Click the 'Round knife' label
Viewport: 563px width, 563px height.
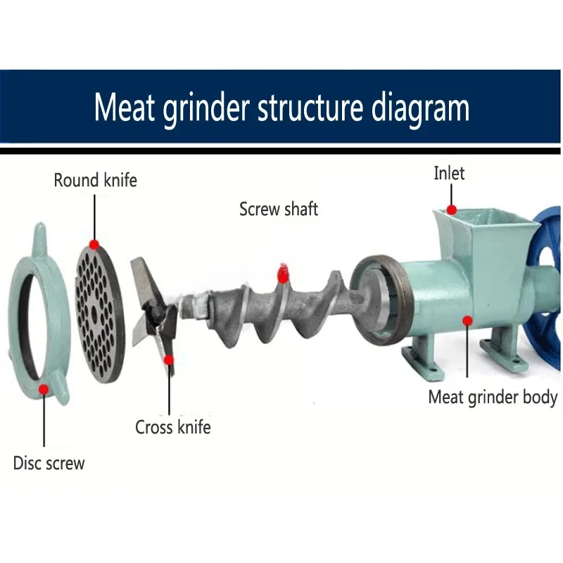95,180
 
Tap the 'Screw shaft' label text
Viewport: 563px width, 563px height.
279,209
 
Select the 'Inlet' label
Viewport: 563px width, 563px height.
449,173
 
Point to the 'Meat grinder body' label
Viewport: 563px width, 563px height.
493,397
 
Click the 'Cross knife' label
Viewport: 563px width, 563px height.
172,426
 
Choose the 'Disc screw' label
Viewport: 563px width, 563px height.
49,463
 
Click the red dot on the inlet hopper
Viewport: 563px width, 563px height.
453,209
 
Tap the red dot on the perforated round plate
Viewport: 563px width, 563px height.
94,243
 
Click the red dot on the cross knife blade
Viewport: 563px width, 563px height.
169,360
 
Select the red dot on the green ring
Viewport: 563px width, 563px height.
44,388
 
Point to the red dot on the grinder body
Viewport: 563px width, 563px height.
466,321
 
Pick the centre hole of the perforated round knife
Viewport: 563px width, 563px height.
94,310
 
